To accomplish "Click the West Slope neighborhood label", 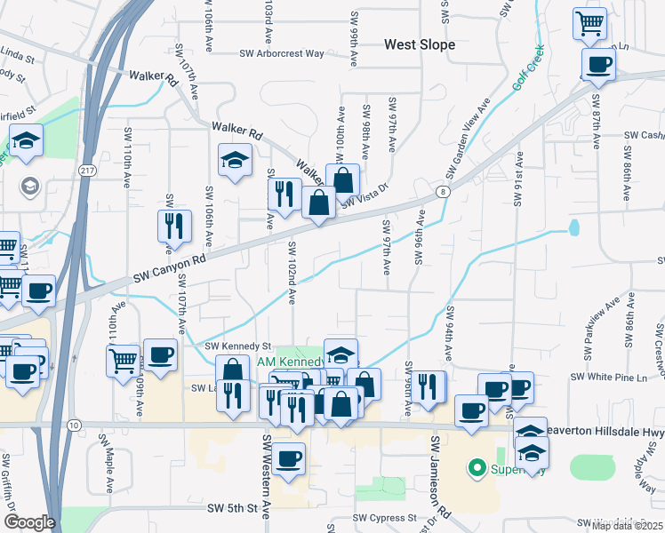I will point(420,44).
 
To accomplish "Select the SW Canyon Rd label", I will point(170,266).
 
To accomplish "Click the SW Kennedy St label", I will point(237,346).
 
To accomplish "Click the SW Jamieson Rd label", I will point(441,477).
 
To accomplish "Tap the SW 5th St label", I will point(237,509).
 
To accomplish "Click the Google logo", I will point(28,522).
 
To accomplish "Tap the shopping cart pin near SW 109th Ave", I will point(123,360).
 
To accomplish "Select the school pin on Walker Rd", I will point(236,160).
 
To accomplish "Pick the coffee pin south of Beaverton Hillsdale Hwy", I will point(289,458).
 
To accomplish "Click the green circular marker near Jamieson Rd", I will point(476,467).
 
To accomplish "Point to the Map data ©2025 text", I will point(627,525).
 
